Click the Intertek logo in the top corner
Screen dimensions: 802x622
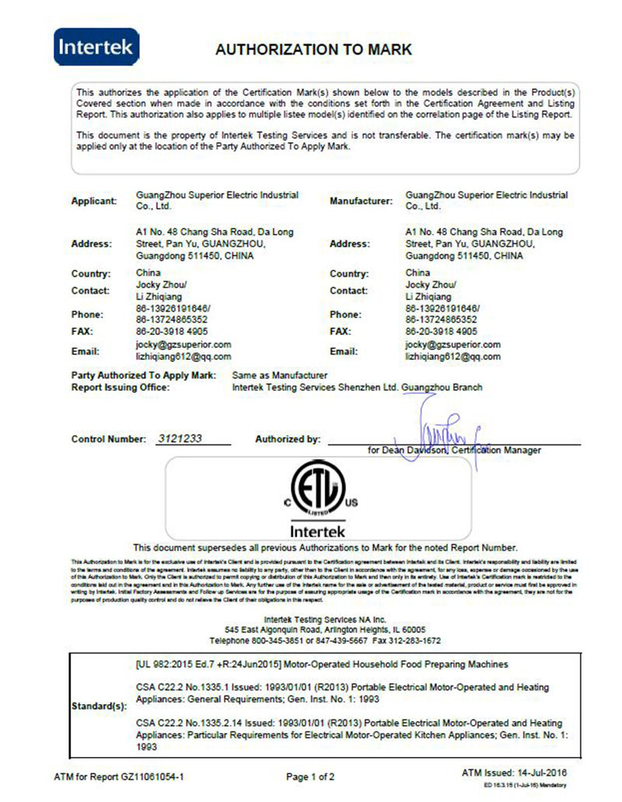[x=97, y=48]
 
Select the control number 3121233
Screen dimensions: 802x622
[x=180, y=438]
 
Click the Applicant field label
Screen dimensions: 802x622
[x=94, y=201]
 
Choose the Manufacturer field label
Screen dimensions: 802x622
[x=361, y=201]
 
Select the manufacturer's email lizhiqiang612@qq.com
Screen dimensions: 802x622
[x=453, y=356]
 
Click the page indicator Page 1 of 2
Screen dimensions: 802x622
[x=311, y=776]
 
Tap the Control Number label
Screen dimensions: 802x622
[x=108, y=439]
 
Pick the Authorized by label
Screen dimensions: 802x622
[x=288, y=439]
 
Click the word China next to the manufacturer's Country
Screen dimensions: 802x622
[x=418, y=273]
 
